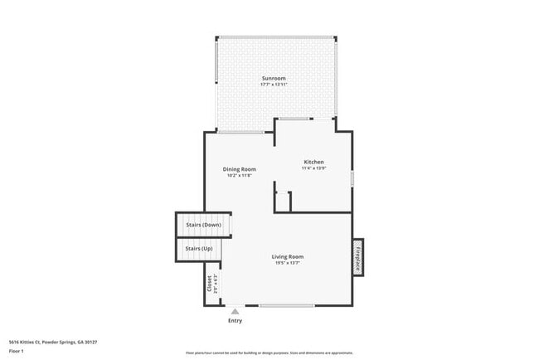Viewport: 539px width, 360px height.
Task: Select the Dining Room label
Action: (x=239, y=169)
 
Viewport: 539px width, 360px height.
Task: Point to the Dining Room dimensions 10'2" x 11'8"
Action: (x=239, y=176)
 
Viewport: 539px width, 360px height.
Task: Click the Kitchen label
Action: (x=313, y=162)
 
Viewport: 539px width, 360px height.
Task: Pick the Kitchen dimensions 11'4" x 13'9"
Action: (x=313, y=168)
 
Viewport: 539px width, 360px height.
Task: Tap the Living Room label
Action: (x=288, y=256)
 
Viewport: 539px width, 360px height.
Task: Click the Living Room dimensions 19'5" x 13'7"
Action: (x=288, y=263)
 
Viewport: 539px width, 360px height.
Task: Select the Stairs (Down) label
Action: (x=202, y=225)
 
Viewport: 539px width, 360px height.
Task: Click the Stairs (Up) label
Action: (x=198, y=249)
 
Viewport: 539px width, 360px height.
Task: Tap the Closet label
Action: (x=209, y=284)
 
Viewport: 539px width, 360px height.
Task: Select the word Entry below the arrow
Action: (x=236, y=321)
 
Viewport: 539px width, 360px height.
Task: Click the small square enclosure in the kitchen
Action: (x=284, y=202)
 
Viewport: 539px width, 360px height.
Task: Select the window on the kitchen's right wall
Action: (x=352, y=178)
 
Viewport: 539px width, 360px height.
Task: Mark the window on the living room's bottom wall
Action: (x=286, y=306)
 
